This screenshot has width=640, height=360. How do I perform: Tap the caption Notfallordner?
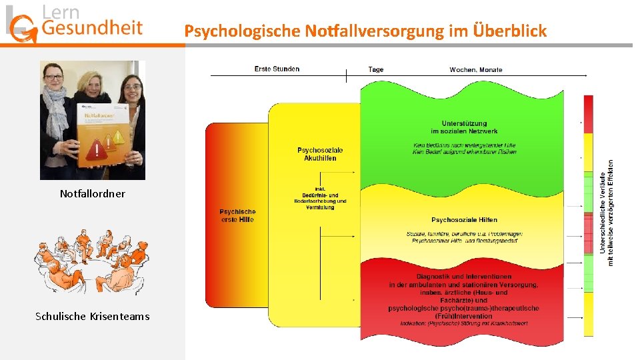point(92,194)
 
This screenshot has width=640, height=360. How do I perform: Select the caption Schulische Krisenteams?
point(92,316)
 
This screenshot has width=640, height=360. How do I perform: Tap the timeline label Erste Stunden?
point(277,69)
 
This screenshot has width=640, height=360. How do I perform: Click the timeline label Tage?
point(376,69)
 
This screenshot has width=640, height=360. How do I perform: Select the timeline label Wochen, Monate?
point(476,69)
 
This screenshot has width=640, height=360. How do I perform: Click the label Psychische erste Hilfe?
point(237,215)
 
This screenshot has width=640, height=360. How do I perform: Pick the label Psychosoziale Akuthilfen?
point(320,154)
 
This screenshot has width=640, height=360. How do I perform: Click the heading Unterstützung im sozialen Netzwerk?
point(464,127)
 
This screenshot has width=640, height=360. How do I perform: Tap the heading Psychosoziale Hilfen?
point(464,219)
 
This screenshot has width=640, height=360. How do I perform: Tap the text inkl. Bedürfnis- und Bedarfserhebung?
point(320,198)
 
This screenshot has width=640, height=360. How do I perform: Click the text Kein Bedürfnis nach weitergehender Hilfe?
point(464,145)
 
